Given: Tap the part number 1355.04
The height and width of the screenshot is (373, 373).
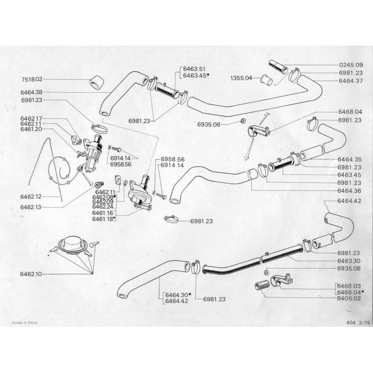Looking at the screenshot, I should (242, 78).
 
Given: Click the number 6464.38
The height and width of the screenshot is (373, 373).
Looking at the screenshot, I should (31, 92).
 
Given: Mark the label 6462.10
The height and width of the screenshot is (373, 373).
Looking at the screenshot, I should (31, 274).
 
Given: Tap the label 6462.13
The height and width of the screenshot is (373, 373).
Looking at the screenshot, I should (31, 206).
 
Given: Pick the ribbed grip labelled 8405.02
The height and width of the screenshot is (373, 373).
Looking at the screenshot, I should (262, 285).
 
